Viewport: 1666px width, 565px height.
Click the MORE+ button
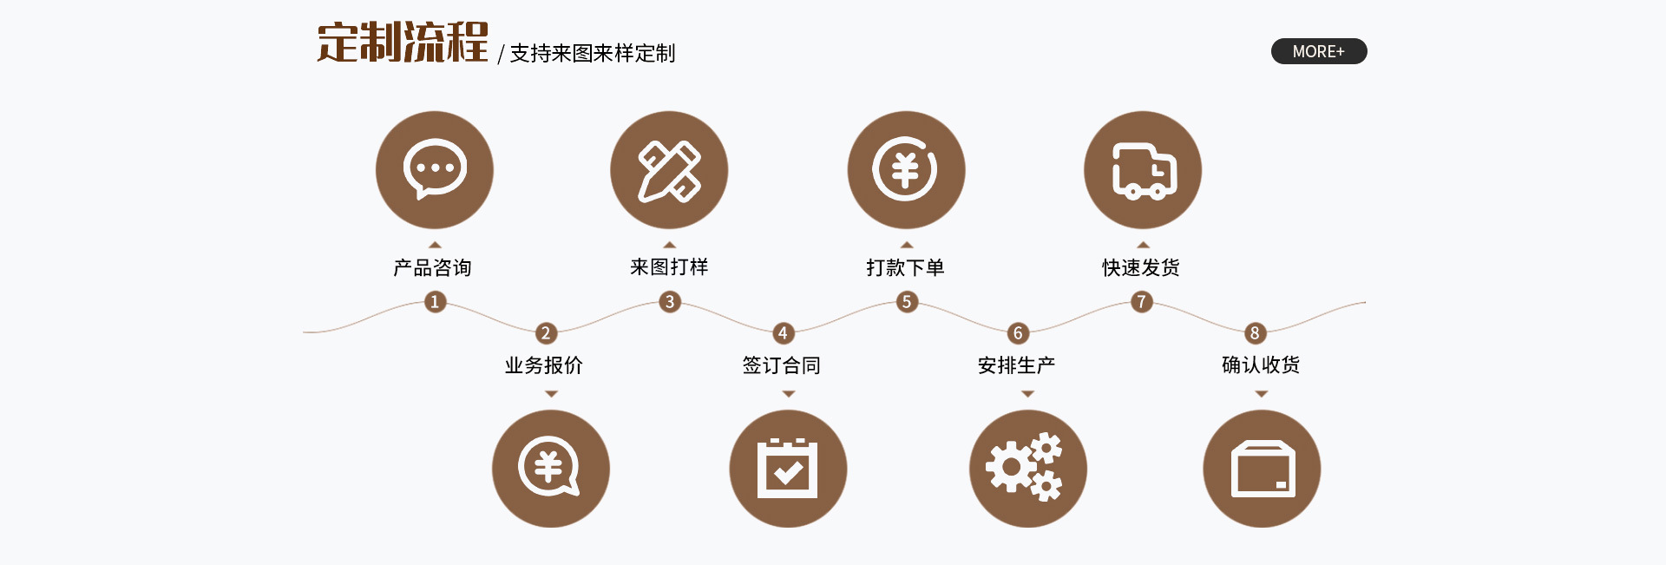pyautogui.click(x=1318, y=51)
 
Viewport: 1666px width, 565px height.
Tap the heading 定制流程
pyautogui.click(x=402, y=43)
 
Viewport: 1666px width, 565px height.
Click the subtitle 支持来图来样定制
pyautogui.click(x=592, y=54)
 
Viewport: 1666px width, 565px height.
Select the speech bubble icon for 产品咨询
pyautogui.click(x=435, y=169)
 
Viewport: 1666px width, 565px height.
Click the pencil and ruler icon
pyautogui.click(x=669, y=169)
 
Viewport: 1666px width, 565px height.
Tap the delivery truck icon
pyautogui.click(x=1143, y=169)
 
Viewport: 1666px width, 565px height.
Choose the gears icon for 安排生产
pyautogui.click(x=1027, y=469)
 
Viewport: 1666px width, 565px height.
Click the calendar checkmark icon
pyautogui.click(x=788, y=469)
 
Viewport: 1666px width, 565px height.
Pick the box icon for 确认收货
pyautogui.click(x=1262, y=469)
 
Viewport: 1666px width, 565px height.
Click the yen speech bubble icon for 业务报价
pyautogui.click(x=551, y=469)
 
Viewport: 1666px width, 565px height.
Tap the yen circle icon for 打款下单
pyautogui.click(x=906, y=169)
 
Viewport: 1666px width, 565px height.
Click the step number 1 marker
pyautogui.click(x=435, y=302)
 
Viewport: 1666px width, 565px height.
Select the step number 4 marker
pyautogui.click(x=783, y=333)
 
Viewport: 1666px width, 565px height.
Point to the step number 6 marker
pyautogui.click(x=1018, y=333)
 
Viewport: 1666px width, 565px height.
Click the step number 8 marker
pyautogui.click(x=1254, y=333)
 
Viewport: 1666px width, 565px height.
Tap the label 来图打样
pyautogui.click(x=669, y=267)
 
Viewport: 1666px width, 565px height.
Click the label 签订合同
pyautogui.click(x=781, y=365)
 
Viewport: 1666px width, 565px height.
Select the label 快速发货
pyautogui.click(x=1141, y=267)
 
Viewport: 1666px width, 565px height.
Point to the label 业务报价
pyautogui.click(x=544, y=365)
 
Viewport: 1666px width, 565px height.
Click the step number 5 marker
pyautogui.click(x=907, y=302)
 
